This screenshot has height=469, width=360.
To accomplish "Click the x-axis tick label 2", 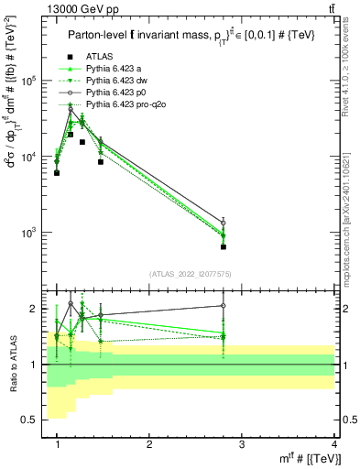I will [149, 443].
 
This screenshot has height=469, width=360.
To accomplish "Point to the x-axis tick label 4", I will [333, 443].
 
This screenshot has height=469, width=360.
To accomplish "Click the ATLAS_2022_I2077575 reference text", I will [195, 274].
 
